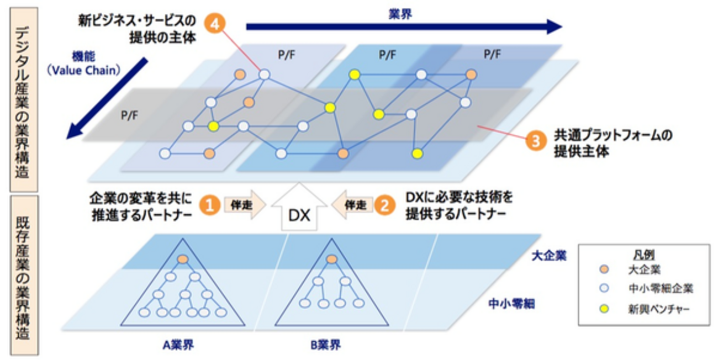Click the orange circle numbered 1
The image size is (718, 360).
209,205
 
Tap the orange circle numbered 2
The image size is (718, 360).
384,205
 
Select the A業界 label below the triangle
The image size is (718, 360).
178,346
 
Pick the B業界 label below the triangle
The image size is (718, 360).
325,346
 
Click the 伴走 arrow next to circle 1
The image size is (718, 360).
241,205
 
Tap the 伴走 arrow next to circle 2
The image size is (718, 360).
352,205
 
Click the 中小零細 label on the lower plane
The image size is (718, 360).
511,304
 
